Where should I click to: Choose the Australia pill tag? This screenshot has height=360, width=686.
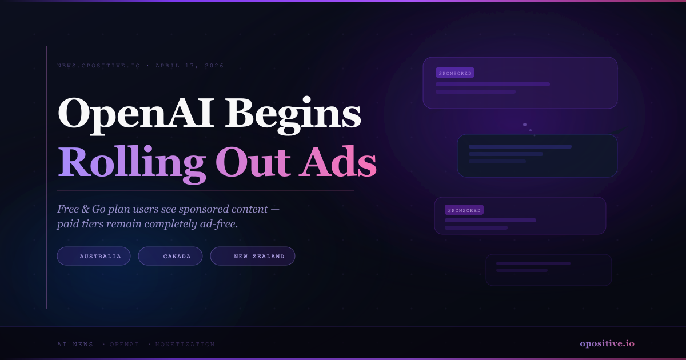(94, 256)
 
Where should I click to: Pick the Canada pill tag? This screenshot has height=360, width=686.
(170, 256)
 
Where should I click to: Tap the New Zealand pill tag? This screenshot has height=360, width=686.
(253, 256)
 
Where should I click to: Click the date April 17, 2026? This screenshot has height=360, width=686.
(189, 66)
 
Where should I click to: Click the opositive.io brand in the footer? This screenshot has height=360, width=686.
(607, 343)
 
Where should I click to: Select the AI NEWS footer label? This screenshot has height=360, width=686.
(75, 345)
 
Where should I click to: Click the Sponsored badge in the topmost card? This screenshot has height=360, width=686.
(455, 73)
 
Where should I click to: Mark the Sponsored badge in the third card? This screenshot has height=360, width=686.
(464, 210)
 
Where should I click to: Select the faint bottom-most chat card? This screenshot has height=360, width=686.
(548, 270)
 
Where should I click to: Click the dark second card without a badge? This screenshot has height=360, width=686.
(537, 155)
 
